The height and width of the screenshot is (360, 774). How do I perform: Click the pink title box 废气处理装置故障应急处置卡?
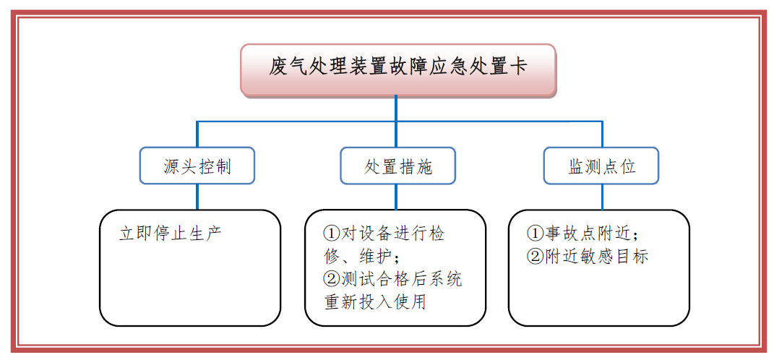(x=398, y=70)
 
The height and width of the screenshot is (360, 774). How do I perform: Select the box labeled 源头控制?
(x=197, y=166)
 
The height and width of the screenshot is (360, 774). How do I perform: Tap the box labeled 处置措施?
(x=398, y=166)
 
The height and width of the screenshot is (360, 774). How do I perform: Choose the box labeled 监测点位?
(x=601, y=166)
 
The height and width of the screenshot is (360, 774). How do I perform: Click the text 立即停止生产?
(x=171, y=233)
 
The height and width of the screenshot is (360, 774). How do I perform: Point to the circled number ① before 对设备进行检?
(x=332, y=233)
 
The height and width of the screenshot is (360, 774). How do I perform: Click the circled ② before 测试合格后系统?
(x=332, y=280)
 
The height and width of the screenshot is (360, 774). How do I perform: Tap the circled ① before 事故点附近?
(x=535, y=233)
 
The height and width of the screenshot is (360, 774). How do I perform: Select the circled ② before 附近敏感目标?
(x=535, y=257)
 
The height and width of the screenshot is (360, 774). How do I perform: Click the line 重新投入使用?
(x=374, y=302)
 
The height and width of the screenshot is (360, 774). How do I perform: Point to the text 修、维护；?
(x=362, y=257)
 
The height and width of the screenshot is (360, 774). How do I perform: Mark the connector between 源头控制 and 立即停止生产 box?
(x=197, y=197)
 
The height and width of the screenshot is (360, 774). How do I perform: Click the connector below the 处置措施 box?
(x=396, y=197)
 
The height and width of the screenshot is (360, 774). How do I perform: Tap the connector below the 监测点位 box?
(x=602, y=197)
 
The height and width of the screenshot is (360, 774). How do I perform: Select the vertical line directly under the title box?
(x=396, y=121)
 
